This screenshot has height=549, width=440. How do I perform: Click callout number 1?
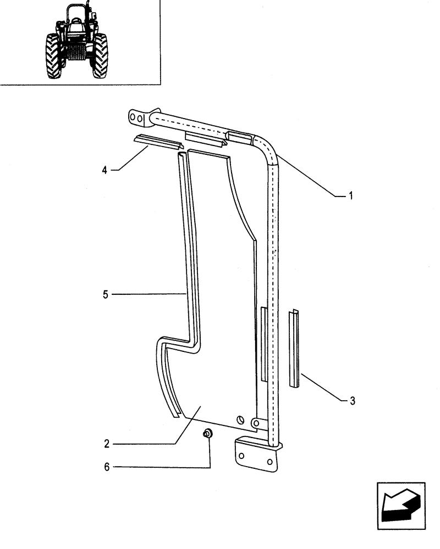[x=350, y=195]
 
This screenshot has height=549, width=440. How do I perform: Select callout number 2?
[x=107, y=443]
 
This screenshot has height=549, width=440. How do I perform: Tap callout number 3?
[x=353, y=401]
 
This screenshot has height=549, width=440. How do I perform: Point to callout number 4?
[x=105, y=170]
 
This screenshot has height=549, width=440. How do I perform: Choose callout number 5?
[x=105, y=295]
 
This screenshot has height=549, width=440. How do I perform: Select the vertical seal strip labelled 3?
[x=295, y=349]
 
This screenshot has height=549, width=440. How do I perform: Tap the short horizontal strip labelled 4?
[x=157, y=142]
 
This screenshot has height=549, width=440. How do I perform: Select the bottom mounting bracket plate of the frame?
[x=256, y=455]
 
